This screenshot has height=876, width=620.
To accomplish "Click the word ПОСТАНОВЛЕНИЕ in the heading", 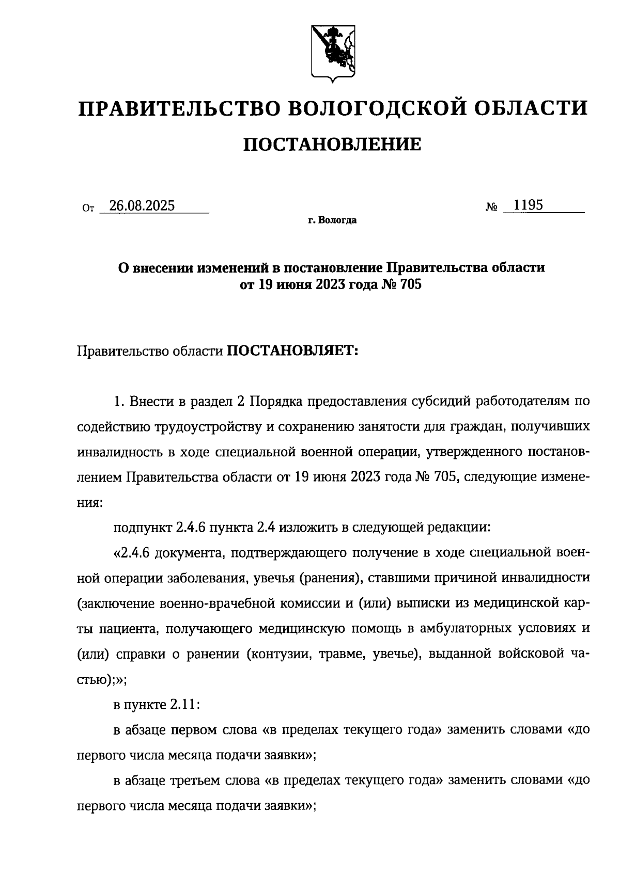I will pyautogui.click(x=332, y=145).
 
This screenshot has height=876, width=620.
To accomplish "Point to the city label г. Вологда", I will pyautogui.click(x=332, y=221).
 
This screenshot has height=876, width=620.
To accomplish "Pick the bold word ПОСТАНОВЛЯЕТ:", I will pyautogui.click(x=292, y=352).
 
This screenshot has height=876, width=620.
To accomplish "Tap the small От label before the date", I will pyautogui.click(x=88, y=209).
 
